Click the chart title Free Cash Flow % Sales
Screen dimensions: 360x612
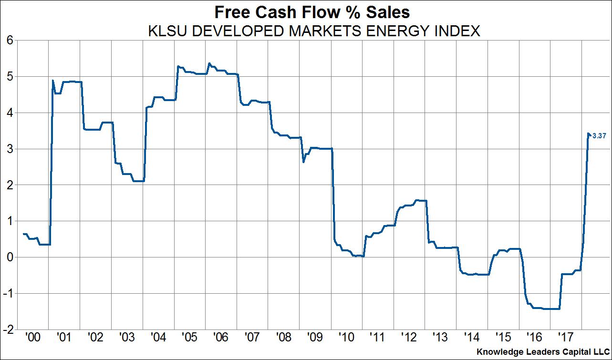point(305,11)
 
